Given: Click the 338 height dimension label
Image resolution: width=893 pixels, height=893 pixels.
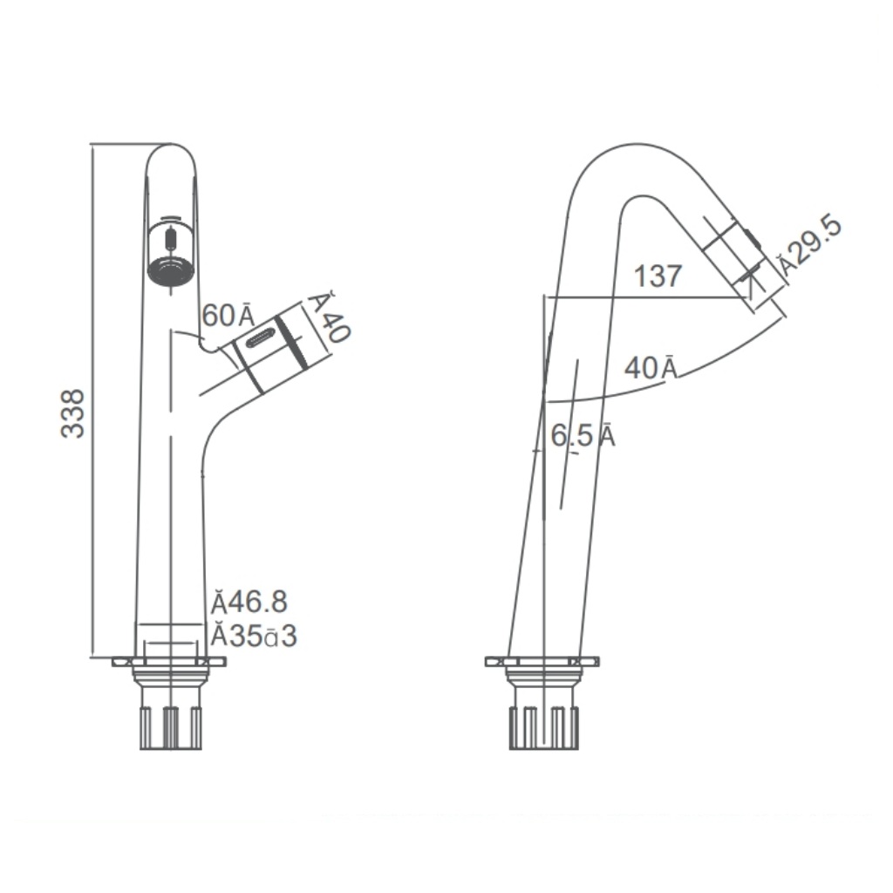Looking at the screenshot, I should pos(73,412).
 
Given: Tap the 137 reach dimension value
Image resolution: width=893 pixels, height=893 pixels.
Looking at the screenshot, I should pos(658,276).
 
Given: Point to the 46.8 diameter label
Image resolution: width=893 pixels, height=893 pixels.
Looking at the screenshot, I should pos(249,602).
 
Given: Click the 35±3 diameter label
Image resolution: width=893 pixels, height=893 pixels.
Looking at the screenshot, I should pos(254,637).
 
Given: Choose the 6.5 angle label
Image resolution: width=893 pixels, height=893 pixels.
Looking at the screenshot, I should pos(582,435).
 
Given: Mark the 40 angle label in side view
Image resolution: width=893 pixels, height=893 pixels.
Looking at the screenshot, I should pos(651,368).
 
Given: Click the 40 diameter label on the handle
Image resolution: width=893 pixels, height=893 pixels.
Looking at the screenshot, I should pos(329,317).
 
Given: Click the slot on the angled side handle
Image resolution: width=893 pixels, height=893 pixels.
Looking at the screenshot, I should pos(262,338).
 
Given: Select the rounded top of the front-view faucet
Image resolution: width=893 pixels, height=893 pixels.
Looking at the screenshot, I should pos(171,153).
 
